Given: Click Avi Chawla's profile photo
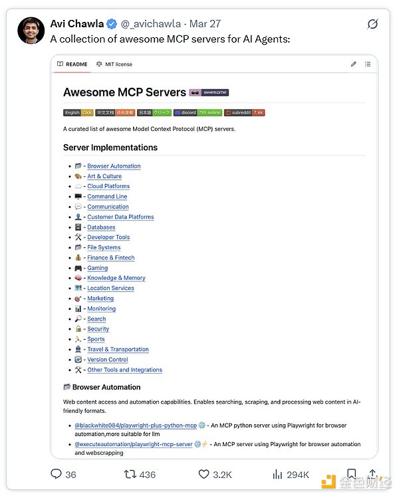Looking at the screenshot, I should click(x=31, y=30).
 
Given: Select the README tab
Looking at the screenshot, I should click(x=72, y=64).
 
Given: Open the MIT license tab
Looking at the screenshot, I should click(x=114, y=64).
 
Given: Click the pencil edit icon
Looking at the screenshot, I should click(x=354, y=64).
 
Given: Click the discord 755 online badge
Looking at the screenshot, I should click(x=198, y=113).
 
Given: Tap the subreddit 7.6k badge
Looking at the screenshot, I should click(x=244, y=113).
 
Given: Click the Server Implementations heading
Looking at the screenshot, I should click(x=110, y=147).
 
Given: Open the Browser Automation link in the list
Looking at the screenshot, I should click(x=114, y=166).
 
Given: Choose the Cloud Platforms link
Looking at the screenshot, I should click(x=108, y=186).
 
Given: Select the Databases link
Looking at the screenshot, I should click(x=101, y=227).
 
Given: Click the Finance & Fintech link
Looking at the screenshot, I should click(x=110, y=258).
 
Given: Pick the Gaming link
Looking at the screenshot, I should click(x=97, y=268).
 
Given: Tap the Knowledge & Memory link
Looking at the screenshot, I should click(x=116, y=278).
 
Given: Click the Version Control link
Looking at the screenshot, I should click(x=107, y=360).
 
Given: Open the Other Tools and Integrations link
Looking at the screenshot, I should click(x=124, y=370).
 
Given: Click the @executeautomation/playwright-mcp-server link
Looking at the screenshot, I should click(x=133, y=444).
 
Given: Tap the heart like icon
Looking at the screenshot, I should click(x=204, y=474).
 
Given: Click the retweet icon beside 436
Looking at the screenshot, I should click(x=130, y=474).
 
